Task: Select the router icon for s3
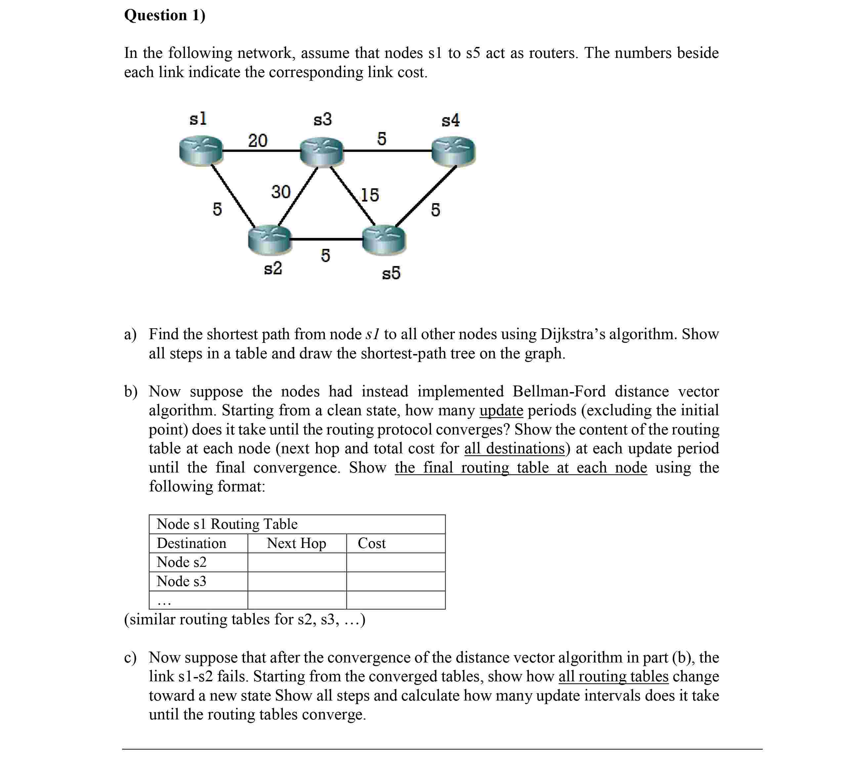click(x=321, y=152)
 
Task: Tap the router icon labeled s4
click(x=453, y=151)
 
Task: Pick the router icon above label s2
click(x=270, y=239)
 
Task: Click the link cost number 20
click(x=258, y=140)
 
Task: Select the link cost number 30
click(x=281, y=192)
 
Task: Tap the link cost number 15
click(x=370, y=195)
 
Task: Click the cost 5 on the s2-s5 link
click(x=325, y=255)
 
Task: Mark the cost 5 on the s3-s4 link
click(x=382, y=139)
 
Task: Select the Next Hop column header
click(x=297, y=543)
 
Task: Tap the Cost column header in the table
click(x=371, y=543)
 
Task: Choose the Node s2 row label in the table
click(x=182, y=562)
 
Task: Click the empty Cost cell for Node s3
click(x=396, y=581)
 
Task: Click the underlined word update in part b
click(x=501, y=410)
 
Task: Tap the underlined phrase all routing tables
click(x=613, y=676)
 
